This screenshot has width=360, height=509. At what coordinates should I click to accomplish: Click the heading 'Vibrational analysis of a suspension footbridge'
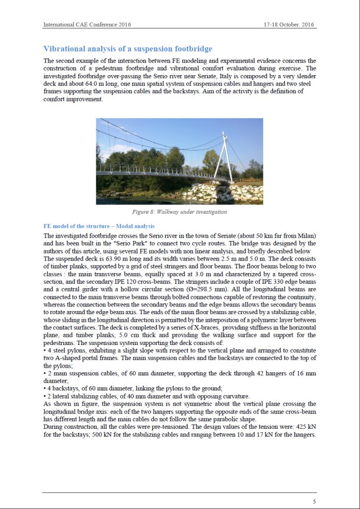[128, 49]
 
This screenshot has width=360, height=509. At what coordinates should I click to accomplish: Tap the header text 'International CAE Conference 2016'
[87, 24]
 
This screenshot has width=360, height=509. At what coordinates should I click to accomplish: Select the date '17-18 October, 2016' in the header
[289, 24]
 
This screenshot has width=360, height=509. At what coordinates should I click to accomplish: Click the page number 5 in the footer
[314, 501]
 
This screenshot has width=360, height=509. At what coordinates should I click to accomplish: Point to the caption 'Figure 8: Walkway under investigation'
[179, 212]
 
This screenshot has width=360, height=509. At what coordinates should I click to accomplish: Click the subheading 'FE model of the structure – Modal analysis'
[99, 226]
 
